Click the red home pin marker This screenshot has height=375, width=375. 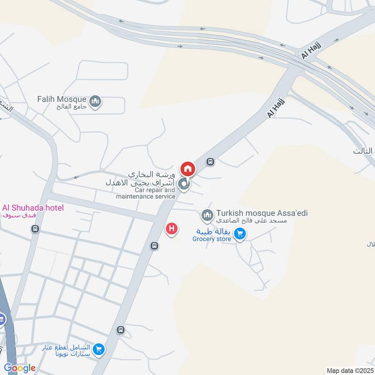188,168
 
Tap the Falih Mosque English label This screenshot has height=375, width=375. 62,99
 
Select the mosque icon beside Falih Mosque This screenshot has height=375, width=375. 96,102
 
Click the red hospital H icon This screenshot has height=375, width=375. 172,229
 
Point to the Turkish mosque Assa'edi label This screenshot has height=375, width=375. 262,213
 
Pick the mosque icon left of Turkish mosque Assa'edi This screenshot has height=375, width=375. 207,216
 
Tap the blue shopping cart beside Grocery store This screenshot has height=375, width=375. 240,233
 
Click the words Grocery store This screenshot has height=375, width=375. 212,239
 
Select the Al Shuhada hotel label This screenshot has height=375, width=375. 33,208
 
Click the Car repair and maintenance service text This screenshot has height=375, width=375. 146,194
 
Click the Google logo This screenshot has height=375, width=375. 19,368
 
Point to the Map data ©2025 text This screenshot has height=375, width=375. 349,371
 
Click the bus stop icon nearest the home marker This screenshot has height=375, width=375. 211,162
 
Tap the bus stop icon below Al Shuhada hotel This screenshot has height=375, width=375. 35,229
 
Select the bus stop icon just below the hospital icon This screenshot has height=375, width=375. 154,246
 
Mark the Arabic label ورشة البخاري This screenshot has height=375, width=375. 155,173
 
